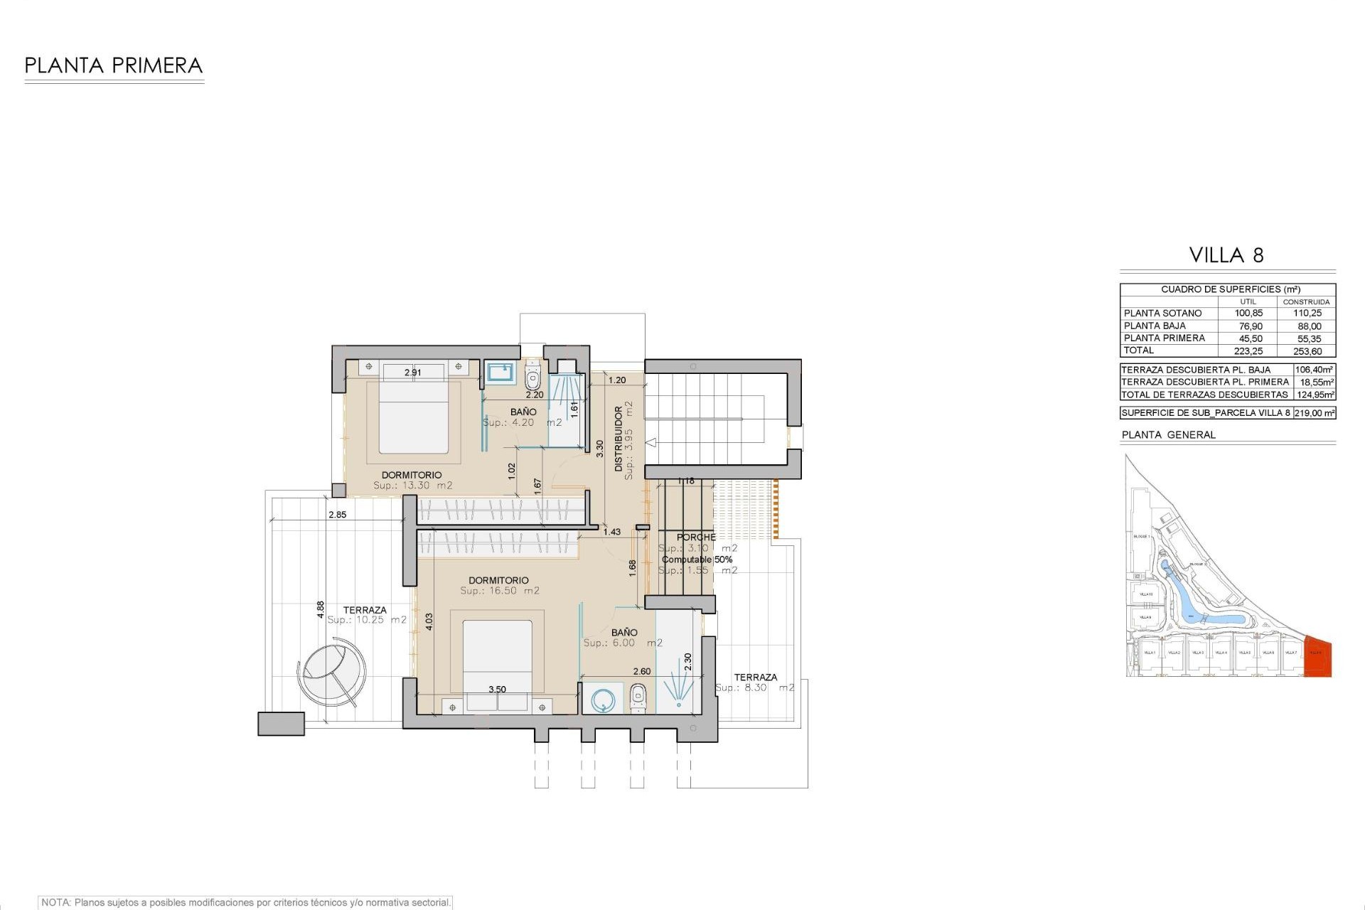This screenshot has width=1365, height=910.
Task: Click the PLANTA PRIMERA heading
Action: point(114,66)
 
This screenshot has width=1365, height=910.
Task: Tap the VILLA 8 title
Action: point(1226,255)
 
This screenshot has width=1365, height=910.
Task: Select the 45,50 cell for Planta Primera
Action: point(1248,338)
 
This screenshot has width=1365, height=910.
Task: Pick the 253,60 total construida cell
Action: point(1309,351)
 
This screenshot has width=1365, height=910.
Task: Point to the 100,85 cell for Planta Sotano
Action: point(1248,314)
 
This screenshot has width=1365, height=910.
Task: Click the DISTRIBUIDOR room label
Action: point(619,439)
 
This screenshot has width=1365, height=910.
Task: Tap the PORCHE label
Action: point(696,537)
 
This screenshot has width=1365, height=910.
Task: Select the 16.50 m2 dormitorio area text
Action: point(500,591)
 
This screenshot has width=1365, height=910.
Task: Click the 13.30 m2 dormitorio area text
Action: point(413,486)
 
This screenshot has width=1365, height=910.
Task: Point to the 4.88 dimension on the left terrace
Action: point(321,610)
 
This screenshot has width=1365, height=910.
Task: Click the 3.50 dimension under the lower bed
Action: point(498,690)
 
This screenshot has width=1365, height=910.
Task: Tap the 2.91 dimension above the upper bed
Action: point(412,373)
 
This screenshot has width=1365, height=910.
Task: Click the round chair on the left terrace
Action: point(333,670)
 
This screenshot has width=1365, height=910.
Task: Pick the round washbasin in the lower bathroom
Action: point(601,699)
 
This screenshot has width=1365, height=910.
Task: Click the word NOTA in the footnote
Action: point(55,903)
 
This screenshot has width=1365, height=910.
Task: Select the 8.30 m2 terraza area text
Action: point(755,688)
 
